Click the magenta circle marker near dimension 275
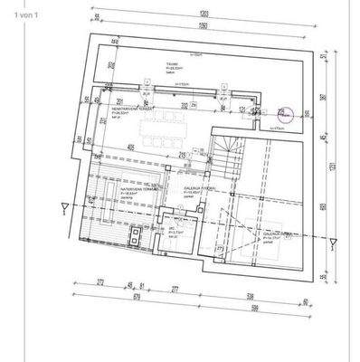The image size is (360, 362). [x=280, y=113]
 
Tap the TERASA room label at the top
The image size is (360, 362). [x=169, y=64]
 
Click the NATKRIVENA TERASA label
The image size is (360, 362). [x=119, y=192]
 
